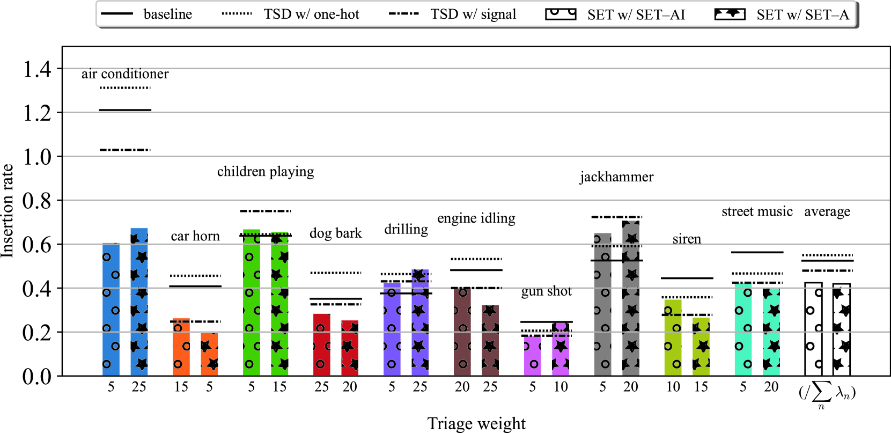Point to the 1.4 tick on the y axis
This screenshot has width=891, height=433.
[37, 69]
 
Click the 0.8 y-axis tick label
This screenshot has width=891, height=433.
[37, 201]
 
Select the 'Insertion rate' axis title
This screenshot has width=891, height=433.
[8, 211]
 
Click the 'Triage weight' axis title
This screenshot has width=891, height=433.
[476, 423]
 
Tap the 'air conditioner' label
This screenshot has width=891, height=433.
[125, 74]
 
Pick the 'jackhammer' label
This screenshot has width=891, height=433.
[616, 177]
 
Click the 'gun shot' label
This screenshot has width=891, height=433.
[546, 291]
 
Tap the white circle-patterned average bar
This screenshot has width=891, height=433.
[813, 329]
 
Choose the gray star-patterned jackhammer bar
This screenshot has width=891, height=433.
[631, 298]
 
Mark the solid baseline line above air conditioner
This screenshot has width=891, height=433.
[125, 110]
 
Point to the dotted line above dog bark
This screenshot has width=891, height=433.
[336, 273]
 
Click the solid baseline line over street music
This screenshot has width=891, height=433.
[757, 252]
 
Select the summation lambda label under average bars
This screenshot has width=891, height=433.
[827, 394]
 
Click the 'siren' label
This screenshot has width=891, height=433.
[687, 239]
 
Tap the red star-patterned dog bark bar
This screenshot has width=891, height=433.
[350, 348]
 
